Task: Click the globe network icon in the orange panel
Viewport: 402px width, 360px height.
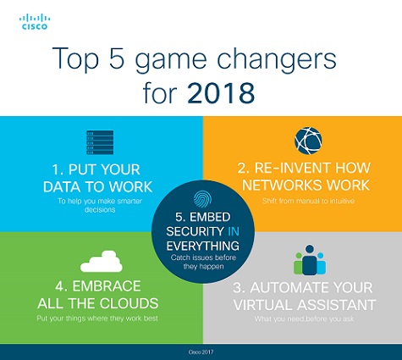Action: coord(306,139)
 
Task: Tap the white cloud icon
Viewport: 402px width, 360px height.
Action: coord(101,259)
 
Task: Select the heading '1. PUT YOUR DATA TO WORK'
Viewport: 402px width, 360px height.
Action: coord(101,176)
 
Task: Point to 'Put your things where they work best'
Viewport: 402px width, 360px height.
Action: coord(101,319)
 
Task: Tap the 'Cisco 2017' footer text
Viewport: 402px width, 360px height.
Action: coord(201,351)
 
